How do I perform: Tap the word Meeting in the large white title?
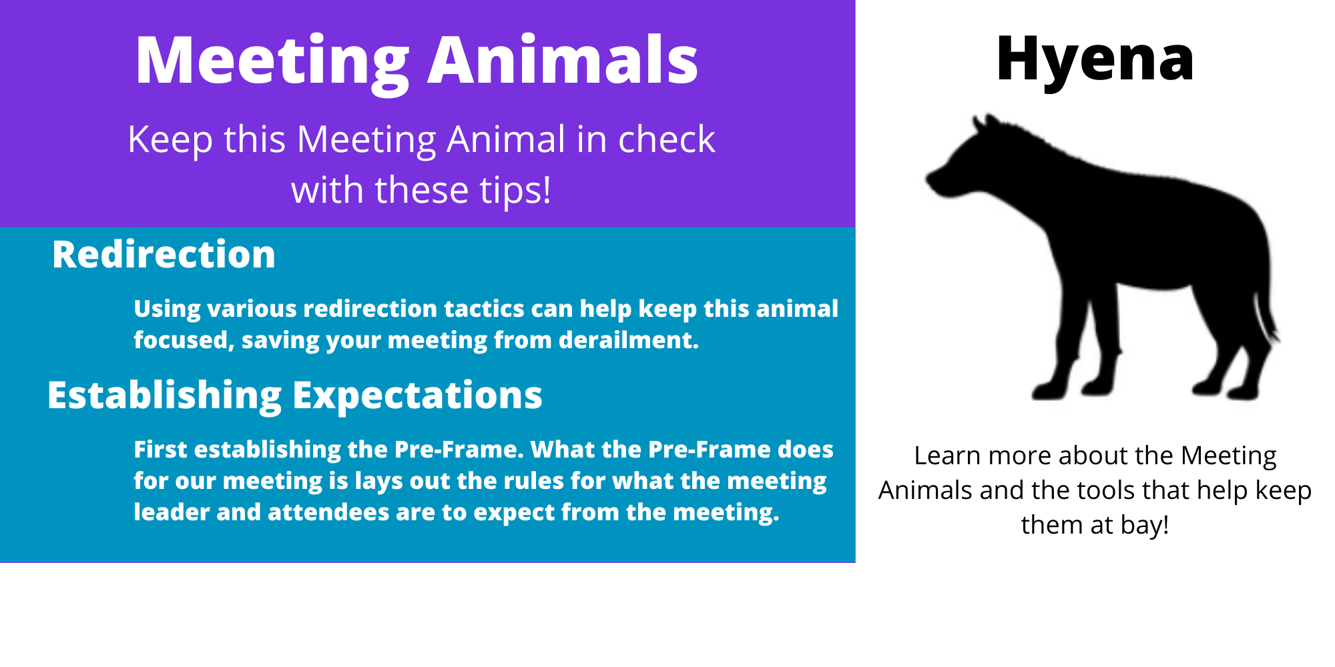(272, 64)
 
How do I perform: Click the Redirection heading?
(164, 254)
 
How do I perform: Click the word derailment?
(629, 340)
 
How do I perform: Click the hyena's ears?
(985, 123)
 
